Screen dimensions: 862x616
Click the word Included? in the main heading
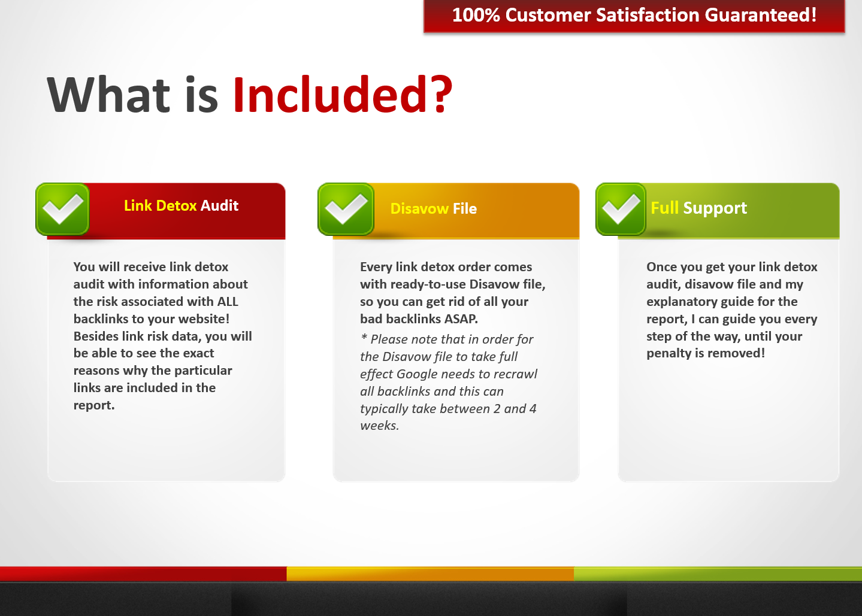343,95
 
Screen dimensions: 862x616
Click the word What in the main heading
108,95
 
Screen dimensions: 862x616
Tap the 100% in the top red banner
476,16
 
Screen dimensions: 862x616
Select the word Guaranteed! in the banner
760,16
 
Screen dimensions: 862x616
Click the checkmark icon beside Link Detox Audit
63,209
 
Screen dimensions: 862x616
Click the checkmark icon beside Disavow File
346,209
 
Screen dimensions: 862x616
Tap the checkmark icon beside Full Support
621,209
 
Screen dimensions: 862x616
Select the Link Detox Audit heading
181,206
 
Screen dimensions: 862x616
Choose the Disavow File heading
434,208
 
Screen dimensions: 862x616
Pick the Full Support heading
698,208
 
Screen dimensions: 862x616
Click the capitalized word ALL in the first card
228,302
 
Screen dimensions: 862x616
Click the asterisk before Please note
364,338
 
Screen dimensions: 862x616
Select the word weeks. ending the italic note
379,426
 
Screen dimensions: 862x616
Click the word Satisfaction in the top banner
648,16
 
